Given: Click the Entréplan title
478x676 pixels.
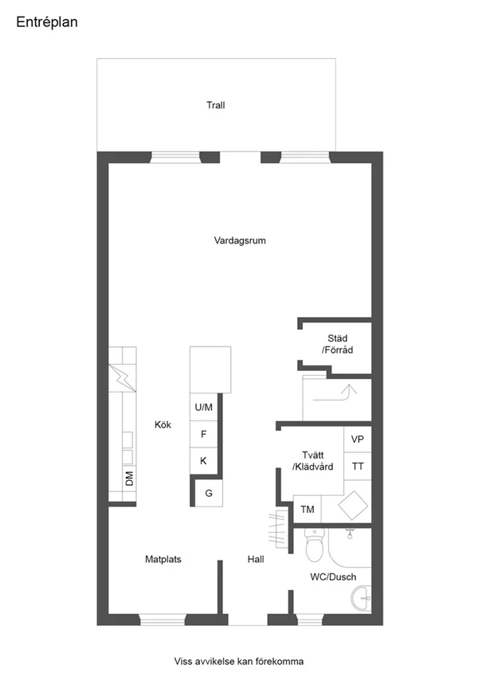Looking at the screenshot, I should (47, 23).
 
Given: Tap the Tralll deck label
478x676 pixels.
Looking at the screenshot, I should (215, 105).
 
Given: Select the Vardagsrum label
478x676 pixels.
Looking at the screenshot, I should (239, 240).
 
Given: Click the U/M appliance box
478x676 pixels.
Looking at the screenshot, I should (204, 408).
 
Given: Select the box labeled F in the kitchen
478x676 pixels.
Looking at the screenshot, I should (204, 435).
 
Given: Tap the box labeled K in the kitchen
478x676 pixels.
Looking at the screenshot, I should (204, 461).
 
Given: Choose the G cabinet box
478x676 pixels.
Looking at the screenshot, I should (209, 493).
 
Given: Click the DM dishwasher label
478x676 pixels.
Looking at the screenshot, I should (129, 479).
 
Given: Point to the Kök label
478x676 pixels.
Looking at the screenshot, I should (163, 424).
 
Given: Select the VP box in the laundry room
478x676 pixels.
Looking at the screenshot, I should (358, 440).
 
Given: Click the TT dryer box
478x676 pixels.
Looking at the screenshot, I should (358, 467).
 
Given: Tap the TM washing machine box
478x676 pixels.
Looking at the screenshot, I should (307, 509).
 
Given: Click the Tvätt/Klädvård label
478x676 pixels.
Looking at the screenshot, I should (312, 461).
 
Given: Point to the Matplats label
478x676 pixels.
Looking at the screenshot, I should (163, 559).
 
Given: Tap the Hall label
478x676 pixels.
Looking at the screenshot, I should (256, 559).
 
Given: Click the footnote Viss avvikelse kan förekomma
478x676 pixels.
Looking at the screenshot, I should (239, 661).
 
